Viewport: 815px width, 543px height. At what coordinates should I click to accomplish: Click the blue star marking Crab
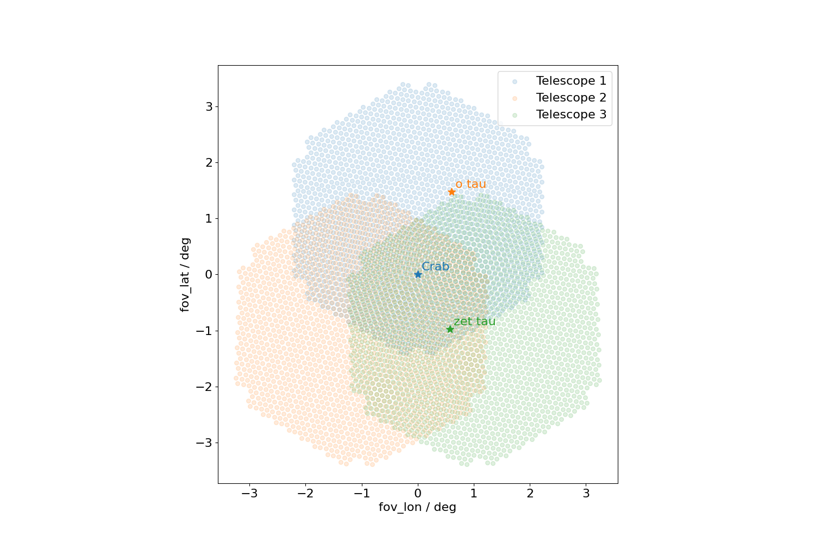[418, 274]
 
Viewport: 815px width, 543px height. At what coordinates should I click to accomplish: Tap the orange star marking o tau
[452, 192]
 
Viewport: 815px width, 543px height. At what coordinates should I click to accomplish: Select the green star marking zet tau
[450, 329]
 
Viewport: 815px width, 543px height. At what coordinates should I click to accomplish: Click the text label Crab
[435, 267]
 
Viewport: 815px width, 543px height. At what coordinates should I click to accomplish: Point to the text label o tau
[471, 184]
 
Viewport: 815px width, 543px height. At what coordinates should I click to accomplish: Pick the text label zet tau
[474, 321]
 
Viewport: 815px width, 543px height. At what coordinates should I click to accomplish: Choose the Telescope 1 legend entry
[570, 81]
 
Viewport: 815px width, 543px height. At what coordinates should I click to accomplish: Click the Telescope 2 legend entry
[570, 98]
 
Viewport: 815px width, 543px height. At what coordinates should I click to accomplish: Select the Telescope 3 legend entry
[570, 115]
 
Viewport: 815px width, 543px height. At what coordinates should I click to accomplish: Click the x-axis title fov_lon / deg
[417, 507]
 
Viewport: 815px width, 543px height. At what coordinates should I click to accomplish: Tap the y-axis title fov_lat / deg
[185, 274]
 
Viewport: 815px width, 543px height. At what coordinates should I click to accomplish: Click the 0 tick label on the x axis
[418, 494]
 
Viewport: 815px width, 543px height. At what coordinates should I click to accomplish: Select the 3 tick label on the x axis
[586, 494]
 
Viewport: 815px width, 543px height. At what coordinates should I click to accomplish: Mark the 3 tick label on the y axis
[209, 106]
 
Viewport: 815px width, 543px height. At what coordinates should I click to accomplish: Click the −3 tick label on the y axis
[204, 443]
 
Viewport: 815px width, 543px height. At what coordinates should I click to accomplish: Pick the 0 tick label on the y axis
[209, 274]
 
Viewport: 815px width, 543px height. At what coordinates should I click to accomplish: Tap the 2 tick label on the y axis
[209, 162]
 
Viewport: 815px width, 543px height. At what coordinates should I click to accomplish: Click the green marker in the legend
[515, 115]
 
